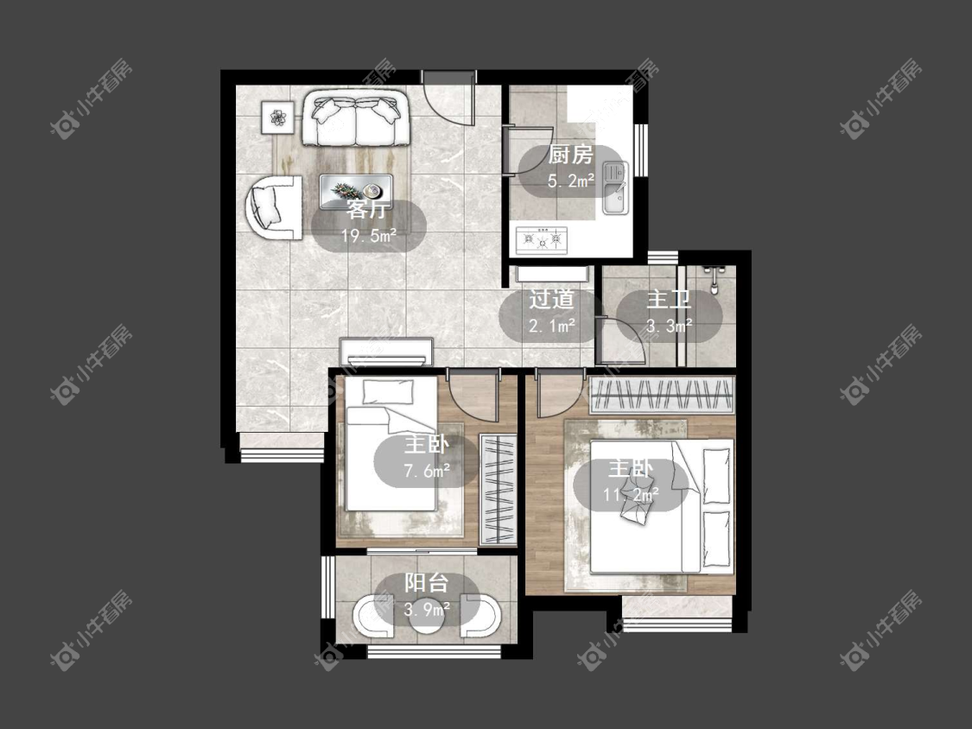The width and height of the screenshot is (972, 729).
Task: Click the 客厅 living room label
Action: (x=367, y=210)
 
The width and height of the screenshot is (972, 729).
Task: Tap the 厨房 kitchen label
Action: (x=571, y=155)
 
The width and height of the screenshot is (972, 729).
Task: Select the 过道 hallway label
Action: (x=551, y=300)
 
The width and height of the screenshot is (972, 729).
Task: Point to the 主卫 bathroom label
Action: (x=669, y=300)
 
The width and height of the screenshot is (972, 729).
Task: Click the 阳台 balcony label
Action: (x=427, y=583)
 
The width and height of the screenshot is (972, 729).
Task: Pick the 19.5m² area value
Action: (x=369, y=236)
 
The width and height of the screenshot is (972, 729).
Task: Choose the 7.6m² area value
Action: (x=427, y=471)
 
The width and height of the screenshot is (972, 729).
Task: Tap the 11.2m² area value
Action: (x=631, y=495)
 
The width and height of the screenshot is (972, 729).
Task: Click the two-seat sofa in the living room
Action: (x=356, y=118)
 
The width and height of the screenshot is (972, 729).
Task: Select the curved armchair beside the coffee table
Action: (x=273, y=207)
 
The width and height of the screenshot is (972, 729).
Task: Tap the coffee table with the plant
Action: (x=356, y=191)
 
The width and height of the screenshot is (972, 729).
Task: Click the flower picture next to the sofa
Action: (x=276, y=116)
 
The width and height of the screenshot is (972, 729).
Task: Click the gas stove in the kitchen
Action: (x=542, y=240)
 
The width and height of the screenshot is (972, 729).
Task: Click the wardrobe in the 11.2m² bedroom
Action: (x=662, y=395)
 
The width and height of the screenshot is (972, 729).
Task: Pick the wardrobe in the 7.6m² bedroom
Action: (x=499, y=490)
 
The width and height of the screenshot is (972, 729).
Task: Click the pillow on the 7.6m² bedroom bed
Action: (x=388, y=392)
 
